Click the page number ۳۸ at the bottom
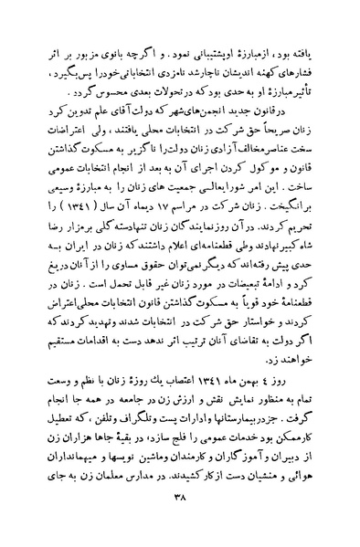(x=180, y=521)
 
